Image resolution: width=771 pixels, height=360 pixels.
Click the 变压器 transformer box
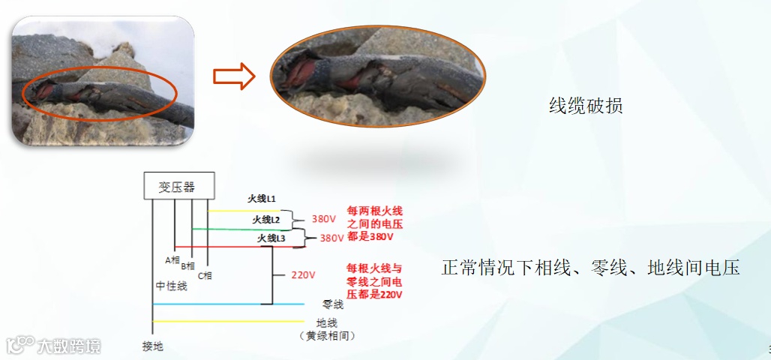point(179,187)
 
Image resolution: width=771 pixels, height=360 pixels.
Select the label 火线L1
point(263,199)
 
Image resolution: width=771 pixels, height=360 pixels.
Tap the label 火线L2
point(266,220)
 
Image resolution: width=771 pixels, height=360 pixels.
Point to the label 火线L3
point(271,238)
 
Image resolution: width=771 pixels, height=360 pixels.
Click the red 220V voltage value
point(304,275)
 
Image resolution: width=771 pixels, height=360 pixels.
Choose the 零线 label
point(332,305)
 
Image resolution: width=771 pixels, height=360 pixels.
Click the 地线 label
point(327,323)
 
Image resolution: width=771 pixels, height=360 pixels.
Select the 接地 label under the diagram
point(152,346)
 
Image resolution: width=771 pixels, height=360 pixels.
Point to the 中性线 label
point(172,286)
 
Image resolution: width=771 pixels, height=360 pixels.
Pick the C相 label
point(205,275)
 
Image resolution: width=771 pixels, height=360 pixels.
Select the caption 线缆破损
point(586,106)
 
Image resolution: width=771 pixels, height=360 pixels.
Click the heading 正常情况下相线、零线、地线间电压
point(590,268)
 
